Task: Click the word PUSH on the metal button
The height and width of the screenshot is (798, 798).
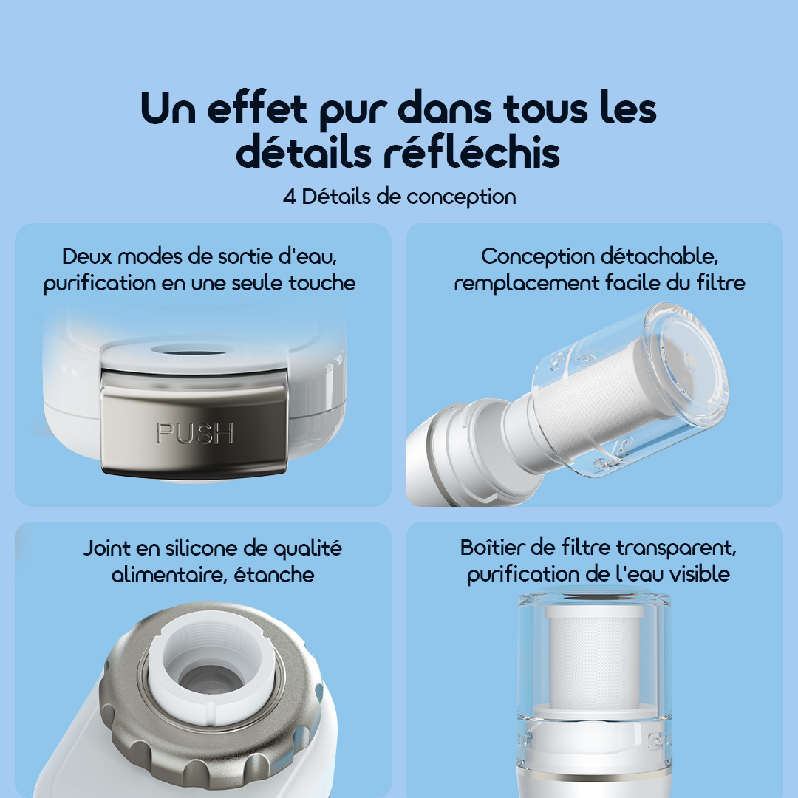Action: pos(195,433)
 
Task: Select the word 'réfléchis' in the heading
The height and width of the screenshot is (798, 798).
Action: pos(471,152)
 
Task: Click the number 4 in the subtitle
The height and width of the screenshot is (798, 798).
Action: pos(289,197)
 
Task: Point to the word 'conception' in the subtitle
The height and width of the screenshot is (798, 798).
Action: pos(461,198)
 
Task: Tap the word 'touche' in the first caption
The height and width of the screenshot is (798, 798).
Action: pos(322,283)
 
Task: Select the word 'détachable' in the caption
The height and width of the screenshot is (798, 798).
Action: pos(659,256)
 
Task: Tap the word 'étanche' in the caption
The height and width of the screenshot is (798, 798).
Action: pos(274,575)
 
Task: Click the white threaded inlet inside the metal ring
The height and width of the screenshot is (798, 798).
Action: pos(211,672)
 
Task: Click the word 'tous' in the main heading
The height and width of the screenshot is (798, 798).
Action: pos(545,109)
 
